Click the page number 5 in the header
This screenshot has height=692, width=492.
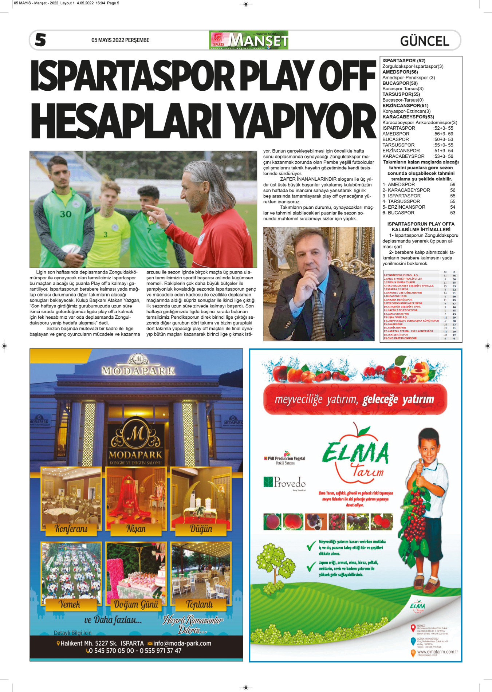pos(40,40)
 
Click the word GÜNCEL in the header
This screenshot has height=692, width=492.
pos(425,41)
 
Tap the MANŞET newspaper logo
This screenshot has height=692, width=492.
pos(249,40)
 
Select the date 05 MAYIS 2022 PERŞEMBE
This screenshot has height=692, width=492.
pos(120,40)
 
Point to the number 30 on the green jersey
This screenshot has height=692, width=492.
pos(66,214)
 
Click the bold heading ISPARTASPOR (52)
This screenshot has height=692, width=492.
pos(404,60)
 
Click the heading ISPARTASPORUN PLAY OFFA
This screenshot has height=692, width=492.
pos(421,224)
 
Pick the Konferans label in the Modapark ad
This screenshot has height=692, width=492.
pos(71,528)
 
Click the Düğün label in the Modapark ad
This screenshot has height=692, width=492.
pos(201,528)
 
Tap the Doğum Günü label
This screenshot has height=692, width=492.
pos(136,605)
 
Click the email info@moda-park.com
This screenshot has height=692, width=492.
pos(182,644)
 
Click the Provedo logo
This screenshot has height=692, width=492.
pos(285,482)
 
